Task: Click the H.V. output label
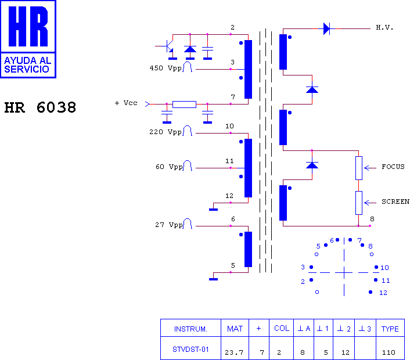[384, 27]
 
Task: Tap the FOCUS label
[393, 167]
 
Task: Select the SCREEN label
[395, 201]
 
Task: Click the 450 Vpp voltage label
[166, 69]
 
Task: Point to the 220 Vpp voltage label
[166, 132]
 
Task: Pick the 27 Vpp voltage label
[169, 225]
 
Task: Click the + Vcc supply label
[126, 103]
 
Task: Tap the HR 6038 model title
[40, 107]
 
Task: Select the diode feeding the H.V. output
[326, 28]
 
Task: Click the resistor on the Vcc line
[184, 105]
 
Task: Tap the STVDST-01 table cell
[190, 350]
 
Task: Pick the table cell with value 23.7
[234, 352]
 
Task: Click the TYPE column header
[390, 329]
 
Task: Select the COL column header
[282, 329]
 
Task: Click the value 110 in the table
[389, 352]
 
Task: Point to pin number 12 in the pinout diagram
[383, 293]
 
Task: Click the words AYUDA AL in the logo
[28, 60]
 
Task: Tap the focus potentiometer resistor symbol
[359, 168]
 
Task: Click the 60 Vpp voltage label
[169, 167]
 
